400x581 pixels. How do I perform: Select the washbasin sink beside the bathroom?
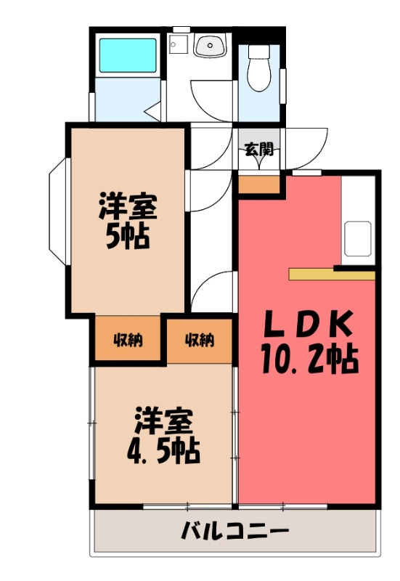[x=210, y=46]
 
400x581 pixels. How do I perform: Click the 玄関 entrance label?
[x=258, y=150]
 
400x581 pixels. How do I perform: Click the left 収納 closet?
[x=127, y=339]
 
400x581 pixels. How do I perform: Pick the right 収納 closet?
[x=199, y=339]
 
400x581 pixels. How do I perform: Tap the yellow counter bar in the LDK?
[x=330, y=275]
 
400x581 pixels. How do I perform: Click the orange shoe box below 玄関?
[x=258, y=184]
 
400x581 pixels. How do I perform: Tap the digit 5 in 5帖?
[x=114, y=238]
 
